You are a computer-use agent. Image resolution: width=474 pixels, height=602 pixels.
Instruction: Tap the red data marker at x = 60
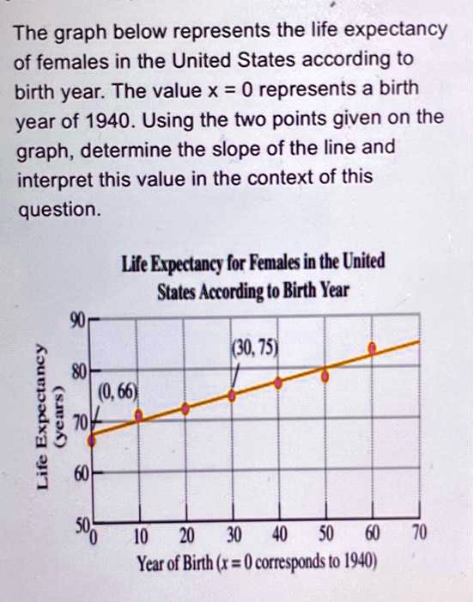(372, 348)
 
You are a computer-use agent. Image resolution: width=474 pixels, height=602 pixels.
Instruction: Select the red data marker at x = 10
(141, 416)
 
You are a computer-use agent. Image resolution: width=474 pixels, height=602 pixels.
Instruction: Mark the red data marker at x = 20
(185, 409)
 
